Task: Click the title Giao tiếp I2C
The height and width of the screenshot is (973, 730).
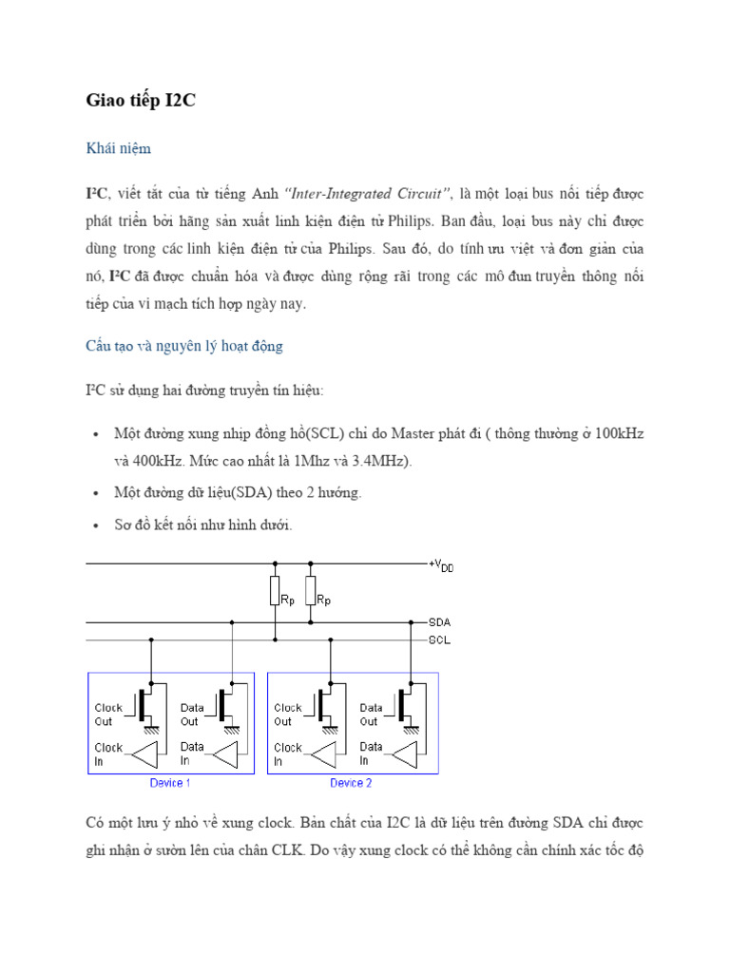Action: point(141,102)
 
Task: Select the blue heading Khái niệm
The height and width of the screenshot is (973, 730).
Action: point(119,149)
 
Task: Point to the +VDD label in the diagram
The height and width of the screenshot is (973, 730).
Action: point(441,565)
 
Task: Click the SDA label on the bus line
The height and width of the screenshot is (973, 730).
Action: point(439,621)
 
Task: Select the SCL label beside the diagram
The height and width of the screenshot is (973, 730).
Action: point(439,639)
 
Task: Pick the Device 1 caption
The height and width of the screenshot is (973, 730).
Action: point(170,783)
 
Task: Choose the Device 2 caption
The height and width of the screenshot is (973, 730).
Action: point(351,783)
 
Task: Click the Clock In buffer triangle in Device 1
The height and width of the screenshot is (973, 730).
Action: point(147,754)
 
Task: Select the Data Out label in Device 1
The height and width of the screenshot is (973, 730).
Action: point(194,715)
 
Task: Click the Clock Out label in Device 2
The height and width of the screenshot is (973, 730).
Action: point(288,715)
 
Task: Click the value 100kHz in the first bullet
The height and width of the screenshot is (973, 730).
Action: point(620,434)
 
